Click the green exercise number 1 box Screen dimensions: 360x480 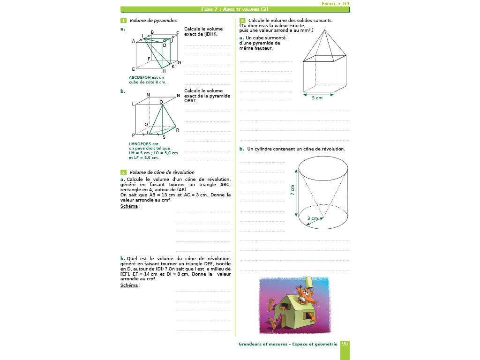point(123,21)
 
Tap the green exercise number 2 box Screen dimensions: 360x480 point(123,172)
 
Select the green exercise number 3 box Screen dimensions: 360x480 point(242,21)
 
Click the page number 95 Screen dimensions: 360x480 point(345,344)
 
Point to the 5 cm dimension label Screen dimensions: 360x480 point(317,98)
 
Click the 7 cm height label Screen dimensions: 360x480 point(292,191)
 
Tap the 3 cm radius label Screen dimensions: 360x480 point(312,218)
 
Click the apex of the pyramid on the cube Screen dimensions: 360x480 point(325,30)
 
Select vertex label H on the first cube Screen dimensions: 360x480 point(164,71)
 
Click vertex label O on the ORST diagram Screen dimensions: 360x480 point(161,102)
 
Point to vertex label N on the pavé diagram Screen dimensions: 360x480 point(178,96)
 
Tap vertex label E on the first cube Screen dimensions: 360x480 point(134,69)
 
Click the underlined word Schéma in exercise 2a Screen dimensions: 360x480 point(129,206)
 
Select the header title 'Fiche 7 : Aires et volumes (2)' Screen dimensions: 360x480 point(235,9)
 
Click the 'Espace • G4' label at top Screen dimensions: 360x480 point(336,3)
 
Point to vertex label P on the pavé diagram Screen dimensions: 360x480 point(134,135)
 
